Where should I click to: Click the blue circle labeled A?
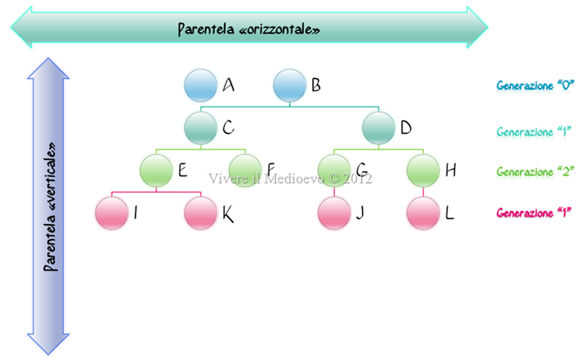201,85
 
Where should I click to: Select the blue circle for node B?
290,85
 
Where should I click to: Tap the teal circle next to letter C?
201,128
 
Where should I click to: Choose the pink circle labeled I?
112,213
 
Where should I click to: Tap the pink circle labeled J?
334,213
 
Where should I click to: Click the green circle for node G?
334,170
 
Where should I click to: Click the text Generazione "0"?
535,85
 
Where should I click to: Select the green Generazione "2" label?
535,172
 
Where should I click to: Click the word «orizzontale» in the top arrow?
283,29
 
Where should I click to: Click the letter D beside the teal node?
406,129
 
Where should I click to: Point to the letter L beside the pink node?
450,214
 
